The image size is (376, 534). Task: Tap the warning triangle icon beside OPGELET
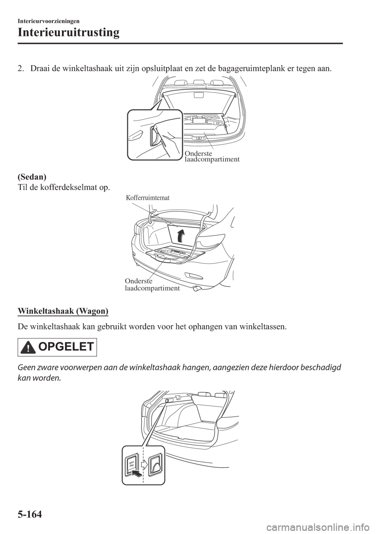tap(29, 348)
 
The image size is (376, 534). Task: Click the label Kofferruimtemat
tap(148, 198)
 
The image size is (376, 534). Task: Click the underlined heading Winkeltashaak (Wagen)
tap(63, 311)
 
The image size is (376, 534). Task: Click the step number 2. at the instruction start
tap(22, 69)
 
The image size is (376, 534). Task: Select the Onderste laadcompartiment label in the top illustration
tap(211, 156)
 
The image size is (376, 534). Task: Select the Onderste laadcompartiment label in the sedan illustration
tap(152, 285)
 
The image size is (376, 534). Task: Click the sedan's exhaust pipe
tap(195, 289)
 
